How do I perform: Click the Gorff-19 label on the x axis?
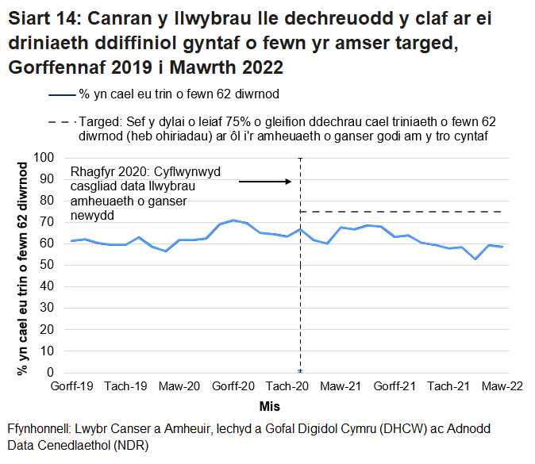point(71,386)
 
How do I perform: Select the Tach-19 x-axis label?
point(125,386)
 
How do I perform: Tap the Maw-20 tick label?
point(179,386)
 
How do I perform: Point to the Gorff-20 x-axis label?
point(233,386)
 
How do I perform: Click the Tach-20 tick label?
point(287,386)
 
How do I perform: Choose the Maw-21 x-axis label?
point(341,386)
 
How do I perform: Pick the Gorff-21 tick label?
point(395,386)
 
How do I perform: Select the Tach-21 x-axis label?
point(449,386)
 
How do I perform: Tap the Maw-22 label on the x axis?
point(502,386)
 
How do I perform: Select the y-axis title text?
point(23,266)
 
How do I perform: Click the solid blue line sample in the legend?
point(62,95)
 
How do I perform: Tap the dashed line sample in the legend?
point(62,124)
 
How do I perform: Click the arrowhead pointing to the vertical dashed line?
point(289,182)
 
